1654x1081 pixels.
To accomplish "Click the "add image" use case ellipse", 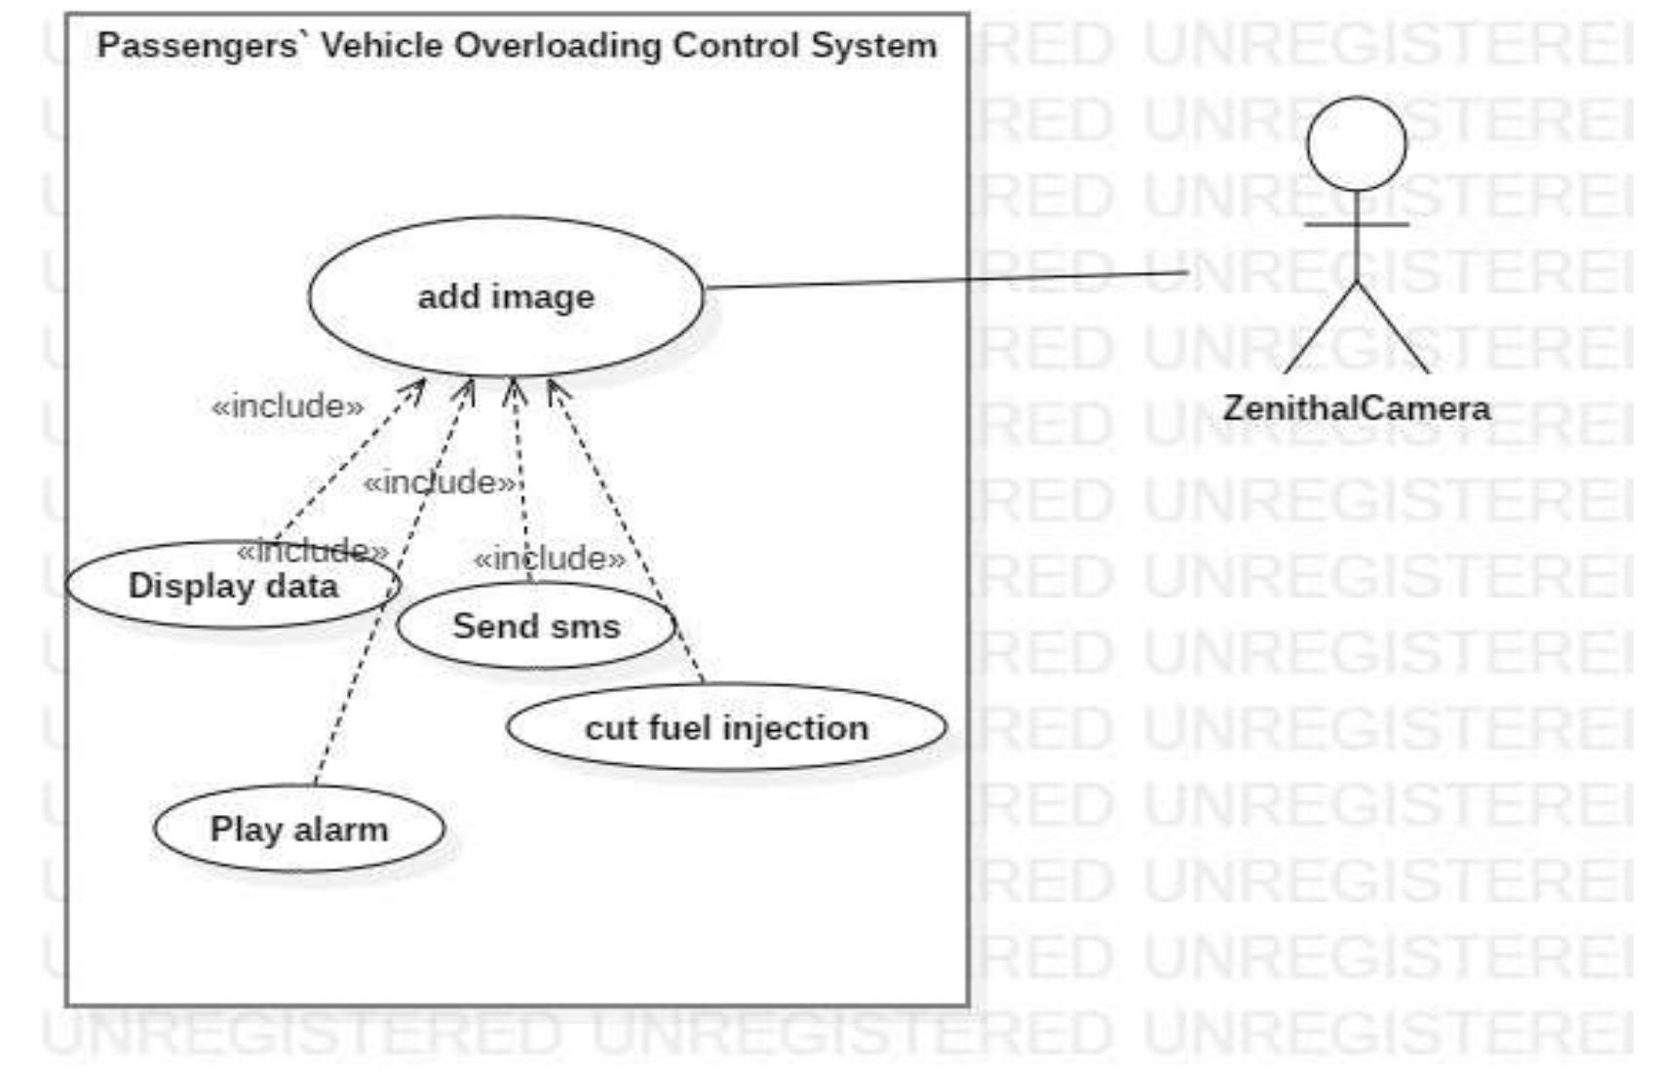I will click(x=506, y=296).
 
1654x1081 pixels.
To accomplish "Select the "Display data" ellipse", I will click(x=234, y=586).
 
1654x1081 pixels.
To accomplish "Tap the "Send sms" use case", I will click(x=536, y=626).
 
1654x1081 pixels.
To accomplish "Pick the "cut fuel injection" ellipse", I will click(x=726, y=727).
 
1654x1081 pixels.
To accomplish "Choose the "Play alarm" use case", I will click(x=299, y=829).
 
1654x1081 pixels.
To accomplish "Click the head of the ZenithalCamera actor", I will click(x=1356, y=143).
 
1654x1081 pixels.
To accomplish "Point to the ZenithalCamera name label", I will click(x=1356, y=407).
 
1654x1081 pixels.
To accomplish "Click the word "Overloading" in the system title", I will click(x=557, y=45).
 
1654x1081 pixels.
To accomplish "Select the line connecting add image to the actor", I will click(x=945, y=281).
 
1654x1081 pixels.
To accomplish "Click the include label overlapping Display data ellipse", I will click(x=312, y=551).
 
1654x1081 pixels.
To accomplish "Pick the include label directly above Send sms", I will click(x=549, y=559).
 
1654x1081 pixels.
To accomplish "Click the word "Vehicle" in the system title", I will click(x=381, y=45).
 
